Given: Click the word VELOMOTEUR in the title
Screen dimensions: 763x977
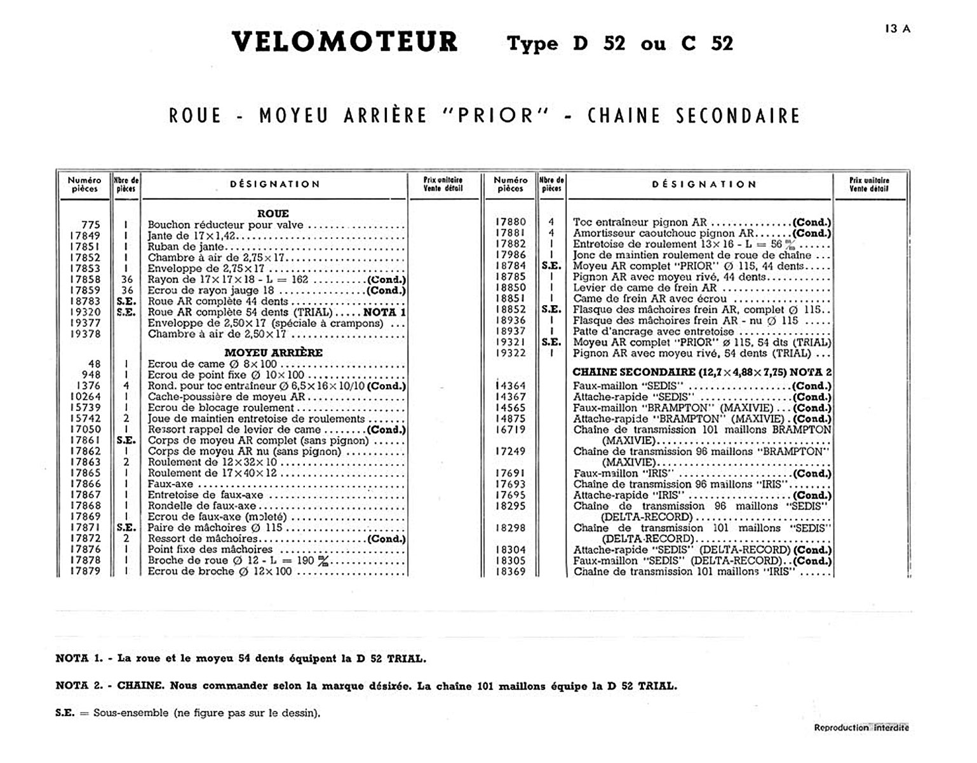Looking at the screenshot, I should (345, 43).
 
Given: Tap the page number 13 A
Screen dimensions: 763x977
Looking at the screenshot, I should (897, 28).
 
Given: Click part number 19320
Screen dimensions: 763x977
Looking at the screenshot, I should (85, 312).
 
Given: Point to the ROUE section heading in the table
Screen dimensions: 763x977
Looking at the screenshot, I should (273, 214).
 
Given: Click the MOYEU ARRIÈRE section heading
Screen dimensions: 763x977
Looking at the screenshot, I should (273, 352).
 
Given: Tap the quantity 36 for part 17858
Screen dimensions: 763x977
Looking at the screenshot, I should (127, 280).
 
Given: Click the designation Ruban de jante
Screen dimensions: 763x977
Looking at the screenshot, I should (185, 247).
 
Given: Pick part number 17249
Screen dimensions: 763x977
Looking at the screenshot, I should (511, 451).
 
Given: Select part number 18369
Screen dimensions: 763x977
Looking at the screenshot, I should (511, 572).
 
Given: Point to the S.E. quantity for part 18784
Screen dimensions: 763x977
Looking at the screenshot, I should (551, 266).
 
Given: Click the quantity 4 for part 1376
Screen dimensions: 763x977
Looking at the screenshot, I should (127, 385).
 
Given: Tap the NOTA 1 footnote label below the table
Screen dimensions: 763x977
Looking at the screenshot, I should (79, 659).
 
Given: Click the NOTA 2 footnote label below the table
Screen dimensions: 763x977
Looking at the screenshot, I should (79, 686).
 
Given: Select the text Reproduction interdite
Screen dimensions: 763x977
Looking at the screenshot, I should (861, 727).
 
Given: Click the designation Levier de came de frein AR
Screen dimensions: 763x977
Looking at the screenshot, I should (645, 287).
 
